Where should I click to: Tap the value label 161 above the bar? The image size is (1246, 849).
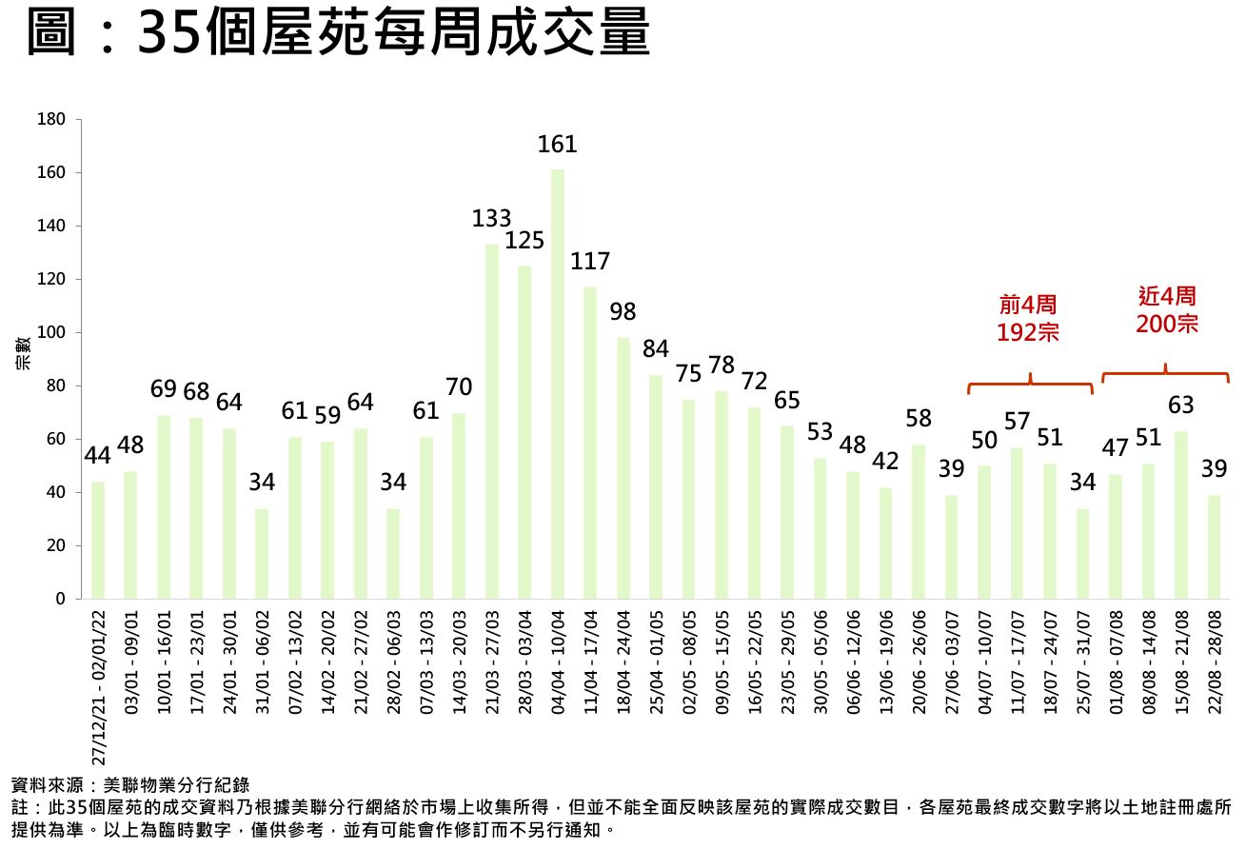point(558,145)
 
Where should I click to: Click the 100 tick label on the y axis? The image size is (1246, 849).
point(51,333)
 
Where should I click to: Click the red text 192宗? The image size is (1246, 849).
point(1028,332)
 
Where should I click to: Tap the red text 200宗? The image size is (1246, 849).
point(1167,324)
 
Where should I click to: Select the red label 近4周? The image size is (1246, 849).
point(1167,296)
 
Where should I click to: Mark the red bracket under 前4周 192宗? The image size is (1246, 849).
point(1030,385)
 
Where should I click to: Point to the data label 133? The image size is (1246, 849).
point(492,219)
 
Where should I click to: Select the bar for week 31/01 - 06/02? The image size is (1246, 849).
point(262,553)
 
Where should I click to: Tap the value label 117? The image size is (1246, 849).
point(590,261)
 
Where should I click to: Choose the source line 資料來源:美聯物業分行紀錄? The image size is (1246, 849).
point(130,785)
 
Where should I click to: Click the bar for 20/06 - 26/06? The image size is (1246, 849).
point(919,522)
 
